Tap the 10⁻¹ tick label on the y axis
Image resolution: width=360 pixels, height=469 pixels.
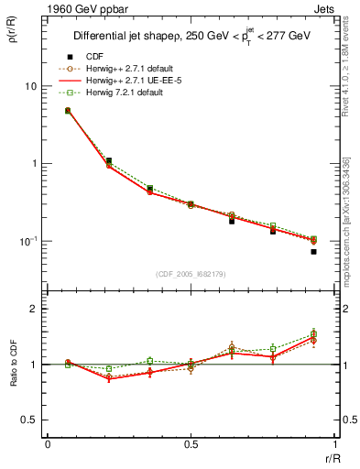click(27, 241)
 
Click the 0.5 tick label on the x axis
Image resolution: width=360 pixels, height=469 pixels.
click(191, 445)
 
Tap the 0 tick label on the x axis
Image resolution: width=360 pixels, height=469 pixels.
click(48, 445)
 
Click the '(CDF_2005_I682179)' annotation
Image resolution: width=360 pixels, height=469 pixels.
click(191, 275)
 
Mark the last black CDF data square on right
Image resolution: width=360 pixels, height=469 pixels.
click(313, 251)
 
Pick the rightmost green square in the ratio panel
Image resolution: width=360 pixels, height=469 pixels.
click(313, 334)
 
